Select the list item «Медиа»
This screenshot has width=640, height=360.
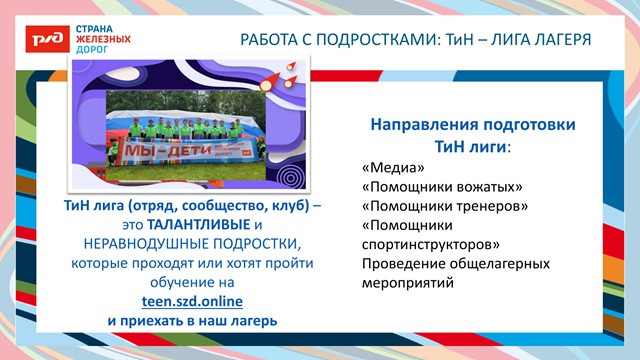point(385,169)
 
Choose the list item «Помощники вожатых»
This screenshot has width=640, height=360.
point(441,188)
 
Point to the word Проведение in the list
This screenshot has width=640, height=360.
point(399,264)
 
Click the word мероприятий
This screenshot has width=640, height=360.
point(408,283)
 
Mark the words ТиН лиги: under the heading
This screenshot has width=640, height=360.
point(473,146)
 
